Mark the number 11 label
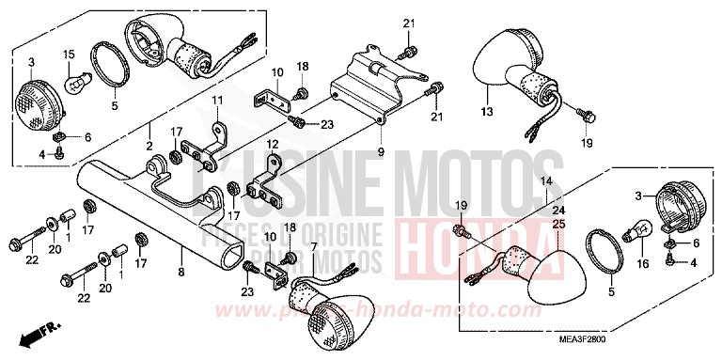coord(215,101)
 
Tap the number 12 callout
coord(274,145)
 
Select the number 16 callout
coord(643,264)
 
